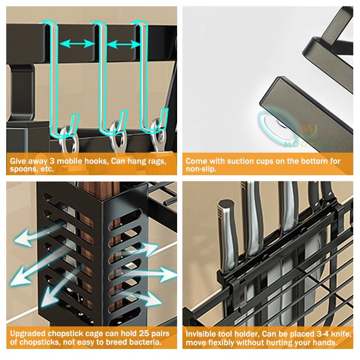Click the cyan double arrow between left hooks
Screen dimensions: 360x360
(x=76, y=44)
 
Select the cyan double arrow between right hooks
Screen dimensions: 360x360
(x=123, y=45)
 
